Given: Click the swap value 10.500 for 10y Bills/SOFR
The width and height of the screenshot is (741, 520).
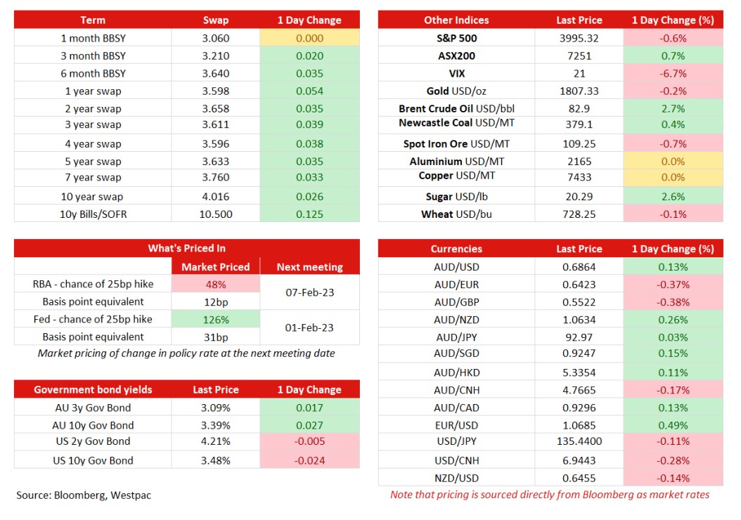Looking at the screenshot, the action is [x=216, y=214].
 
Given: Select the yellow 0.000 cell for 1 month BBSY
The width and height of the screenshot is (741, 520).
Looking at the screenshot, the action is [x=309, y=38].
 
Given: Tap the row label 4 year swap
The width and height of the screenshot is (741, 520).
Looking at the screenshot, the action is [x=93, y=143].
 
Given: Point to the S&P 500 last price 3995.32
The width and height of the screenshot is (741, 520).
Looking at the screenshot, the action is [x=579, y=38].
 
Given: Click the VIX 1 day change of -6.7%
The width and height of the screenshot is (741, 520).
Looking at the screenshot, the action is [x=673, y=73].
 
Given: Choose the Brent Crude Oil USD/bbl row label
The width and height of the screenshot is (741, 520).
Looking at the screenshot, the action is [x=456, y=108].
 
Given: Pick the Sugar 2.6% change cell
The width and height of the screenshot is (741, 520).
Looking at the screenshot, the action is [x=673, y=197].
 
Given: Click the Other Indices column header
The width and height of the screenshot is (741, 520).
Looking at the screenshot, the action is [x=456, y=20].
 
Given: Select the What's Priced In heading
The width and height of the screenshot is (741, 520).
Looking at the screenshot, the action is [x=187, y=248].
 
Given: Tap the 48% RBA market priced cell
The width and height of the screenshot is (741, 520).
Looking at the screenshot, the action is [x=216, y=285].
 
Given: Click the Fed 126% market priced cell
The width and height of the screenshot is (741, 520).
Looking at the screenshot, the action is [x=216, y=319].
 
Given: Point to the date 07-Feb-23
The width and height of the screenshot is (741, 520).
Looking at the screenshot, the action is [x=309, y=292].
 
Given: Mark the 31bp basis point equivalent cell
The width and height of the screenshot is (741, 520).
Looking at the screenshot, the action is [x=216, y=337].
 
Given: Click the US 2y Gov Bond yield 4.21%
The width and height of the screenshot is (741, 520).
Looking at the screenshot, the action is [x=216, y=441].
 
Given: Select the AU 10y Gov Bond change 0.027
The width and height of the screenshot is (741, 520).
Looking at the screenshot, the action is [x=309, y=425].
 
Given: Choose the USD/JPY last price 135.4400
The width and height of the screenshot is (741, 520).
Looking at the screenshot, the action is [x=579, y=441].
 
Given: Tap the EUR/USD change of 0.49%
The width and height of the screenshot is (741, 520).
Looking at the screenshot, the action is [x=673, y=425].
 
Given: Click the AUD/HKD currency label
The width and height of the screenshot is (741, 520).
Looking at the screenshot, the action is [x=456, y=372].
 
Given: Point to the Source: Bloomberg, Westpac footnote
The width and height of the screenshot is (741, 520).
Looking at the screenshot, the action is [x=84, y=495].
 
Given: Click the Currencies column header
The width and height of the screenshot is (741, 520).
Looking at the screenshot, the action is [x=456, y=249].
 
